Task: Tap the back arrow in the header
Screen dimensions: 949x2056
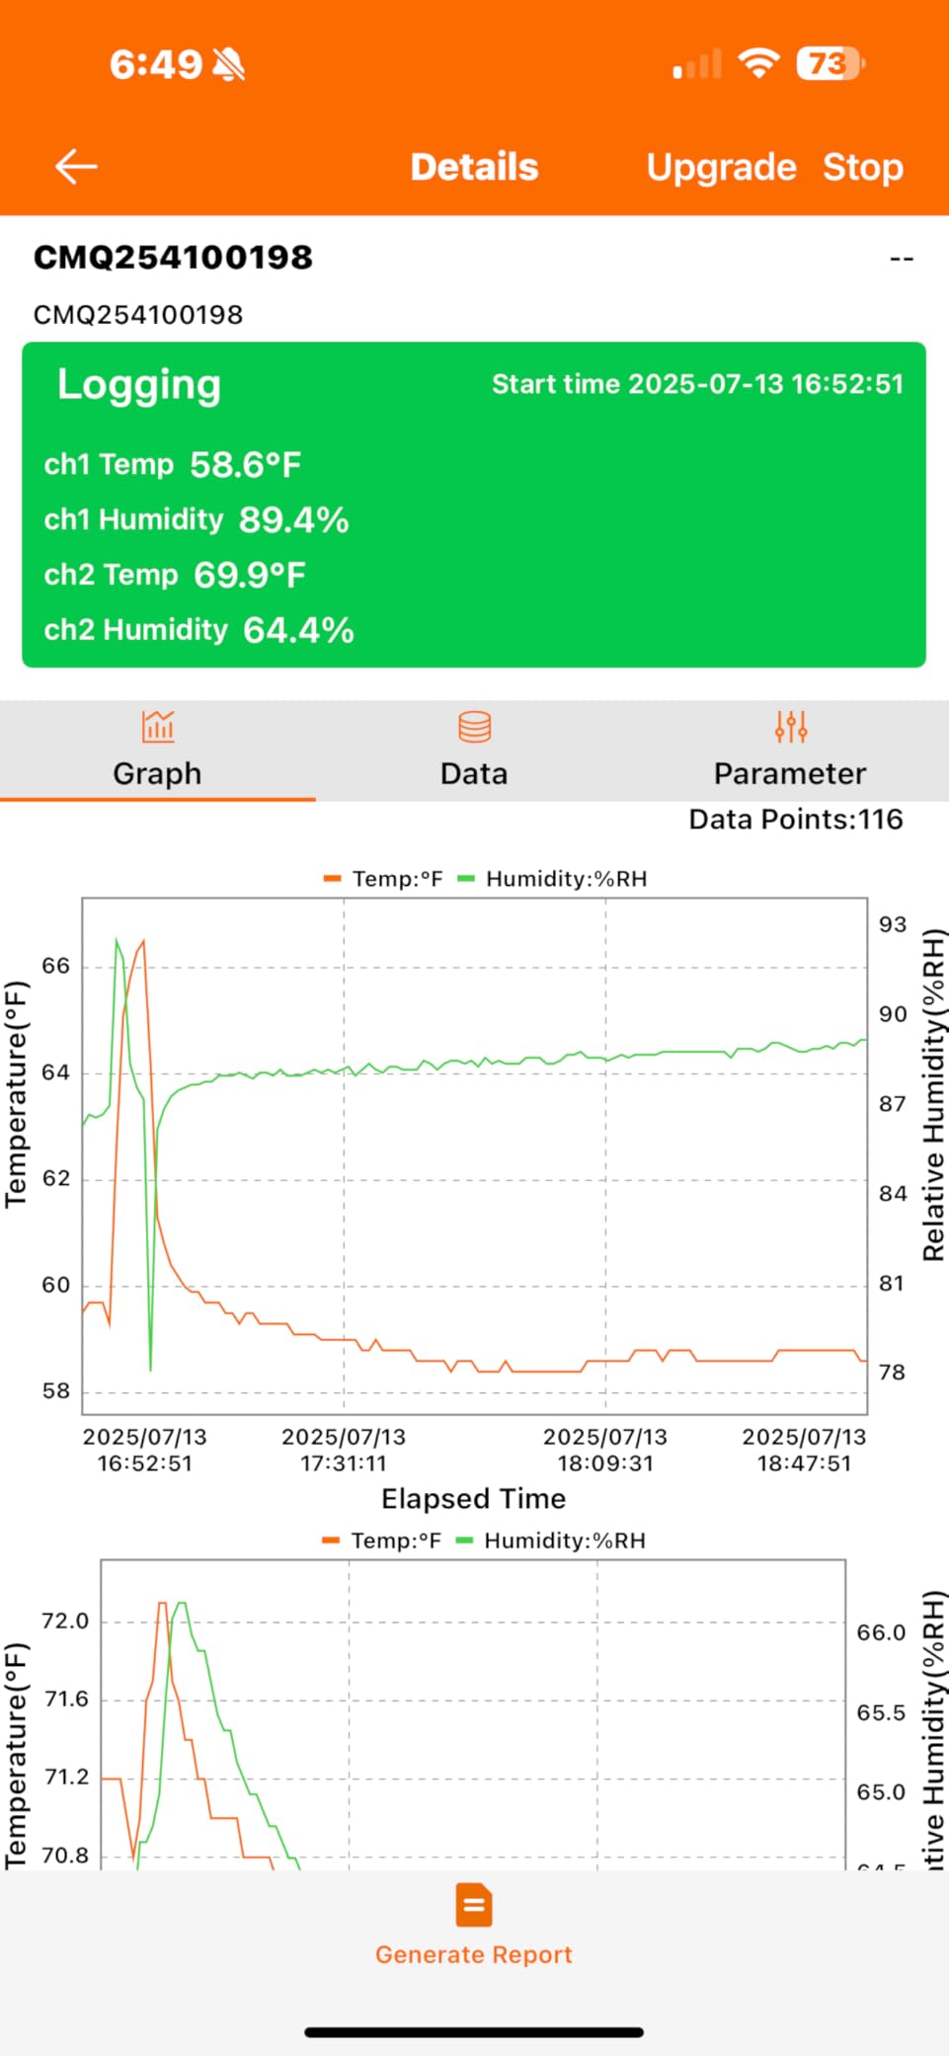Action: click(x=76, y=167)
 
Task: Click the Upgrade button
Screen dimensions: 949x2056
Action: click(x=721, y=168)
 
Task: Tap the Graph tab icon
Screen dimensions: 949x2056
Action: click(x=158, y=727)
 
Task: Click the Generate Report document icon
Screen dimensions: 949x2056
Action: click(x=474, y=1905)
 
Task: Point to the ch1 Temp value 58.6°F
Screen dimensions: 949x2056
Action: click(x=245, y=464)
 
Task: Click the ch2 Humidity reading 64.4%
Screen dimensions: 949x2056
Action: click(x=298, y=630)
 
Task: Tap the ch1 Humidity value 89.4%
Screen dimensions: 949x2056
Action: click(x=293, y=519)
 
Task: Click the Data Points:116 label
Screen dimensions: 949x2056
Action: click(x=796, y=820)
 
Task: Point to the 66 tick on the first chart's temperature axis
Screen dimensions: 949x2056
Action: click(x=56, y=966)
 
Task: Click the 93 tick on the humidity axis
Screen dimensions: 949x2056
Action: click(x=893, y=924)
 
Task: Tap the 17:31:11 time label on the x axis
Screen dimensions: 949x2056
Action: click(x=344, y=1463)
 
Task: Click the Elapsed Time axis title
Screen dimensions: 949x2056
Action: click(x=474, y=1499)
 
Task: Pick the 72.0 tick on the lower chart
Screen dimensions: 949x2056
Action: click(x=65, y=1621)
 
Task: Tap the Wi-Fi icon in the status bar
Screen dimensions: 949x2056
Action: click(x=758, y=63)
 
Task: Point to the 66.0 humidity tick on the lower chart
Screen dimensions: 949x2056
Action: click(x=881, y=1632)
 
